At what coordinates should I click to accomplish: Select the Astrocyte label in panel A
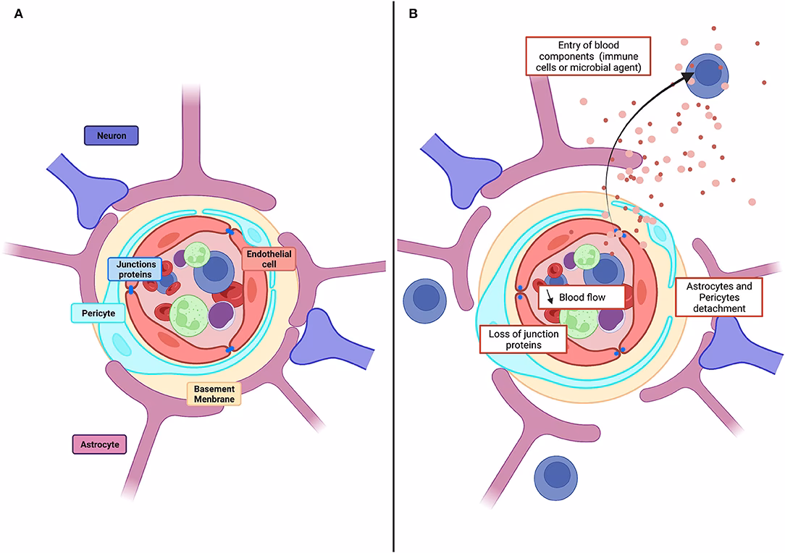(100, 443)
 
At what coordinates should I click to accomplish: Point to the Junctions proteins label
(135, 269)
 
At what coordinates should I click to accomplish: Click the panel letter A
(20, 14)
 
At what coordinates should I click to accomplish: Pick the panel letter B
(414, 14)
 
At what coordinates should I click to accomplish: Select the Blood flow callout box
(581, 297)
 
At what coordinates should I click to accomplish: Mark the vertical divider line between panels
(393, 275)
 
